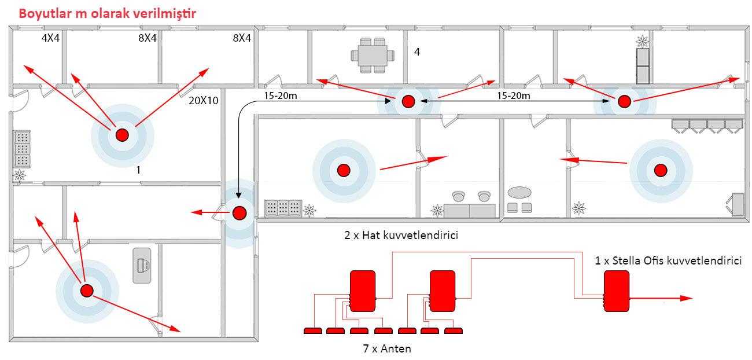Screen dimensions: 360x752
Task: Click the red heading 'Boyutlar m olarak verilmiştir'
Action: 107,13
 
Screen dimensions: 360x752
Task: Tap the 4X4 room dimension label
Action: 50,38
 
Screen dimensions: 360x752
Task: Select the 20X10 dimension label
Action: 204,100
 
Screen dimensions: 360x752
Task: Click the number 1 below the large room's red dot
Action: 138,170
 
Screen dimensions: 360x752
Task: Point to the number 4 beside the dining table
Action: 416,52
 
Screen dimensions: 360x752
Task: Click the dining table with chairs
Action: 373,56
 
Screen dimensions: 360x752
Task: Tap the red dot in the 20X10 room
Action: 122,135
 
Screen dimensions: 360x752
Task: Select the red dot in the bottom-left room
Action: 87,290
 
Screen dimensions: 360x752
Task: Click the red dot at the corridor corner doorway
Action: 239,212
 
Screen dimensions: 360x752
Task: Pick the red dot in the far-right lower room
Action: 660,170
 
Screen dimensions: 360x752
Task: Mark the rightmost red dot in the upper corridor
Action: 624,101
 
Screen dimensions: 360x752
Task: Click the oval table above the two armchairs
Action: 519,192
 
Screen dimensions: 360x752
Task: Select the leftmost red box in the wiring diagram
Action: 363,291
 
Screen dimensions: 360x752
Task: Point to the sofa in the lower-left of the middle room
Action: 283,208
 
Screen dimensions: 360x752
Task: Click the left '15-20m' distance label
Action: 280,94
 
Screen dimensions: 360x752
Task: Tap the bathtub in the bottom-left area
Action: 142,265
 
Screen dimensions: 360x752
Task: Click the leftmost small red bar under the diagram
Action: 313,330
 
